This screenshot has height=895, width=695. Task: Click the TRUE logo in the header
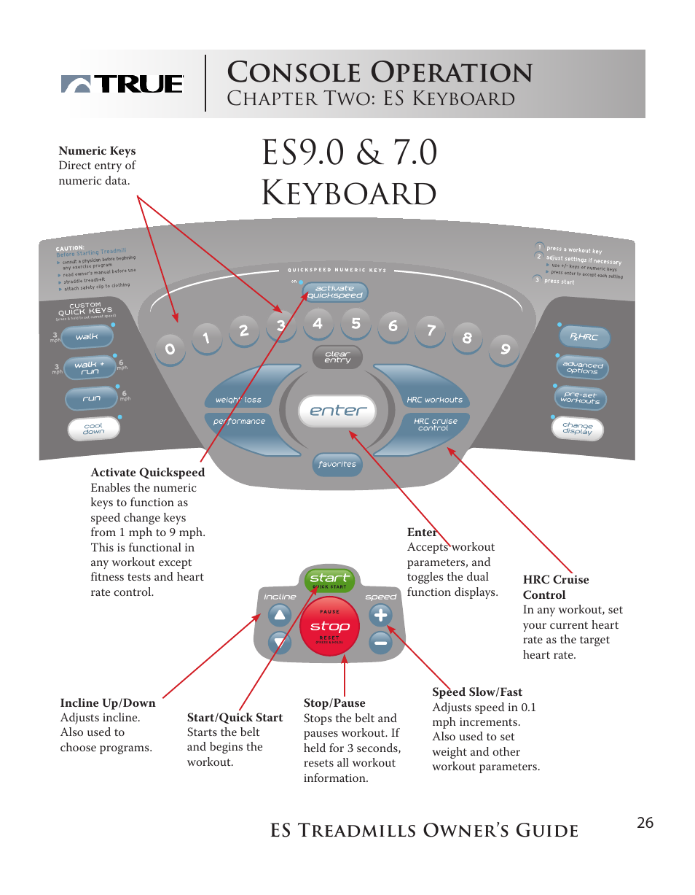tap(122, 84)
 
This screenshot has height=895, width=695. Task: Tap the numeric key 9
tap(505, 349)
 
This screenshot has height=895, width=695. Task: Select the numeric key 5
tap(356, 323)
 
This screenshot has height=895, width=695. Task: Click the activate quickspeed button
tap(335, 292)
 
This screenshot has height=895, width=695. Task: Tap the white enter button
tap(337, 411)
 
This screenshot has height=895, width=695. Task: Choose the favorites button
tap(337, 464)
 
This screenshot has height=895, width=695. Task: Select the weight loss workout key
tap(240, 398)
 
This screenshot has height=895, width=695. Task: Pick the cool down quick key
tap(93, 429)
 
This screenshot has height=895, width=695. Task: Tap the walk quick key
tap(87, 337)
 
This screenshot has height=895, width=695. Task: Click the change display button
tap(578, 428)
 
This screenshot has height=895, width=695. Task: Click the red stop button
tap(330, 627)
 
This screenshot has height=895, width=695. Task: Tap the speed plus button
tap(380, 616)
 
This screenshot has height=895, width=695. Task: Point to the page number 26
tap(645, 824)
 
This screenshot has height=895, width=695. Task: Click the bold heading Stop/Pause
tap(334, 703)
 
